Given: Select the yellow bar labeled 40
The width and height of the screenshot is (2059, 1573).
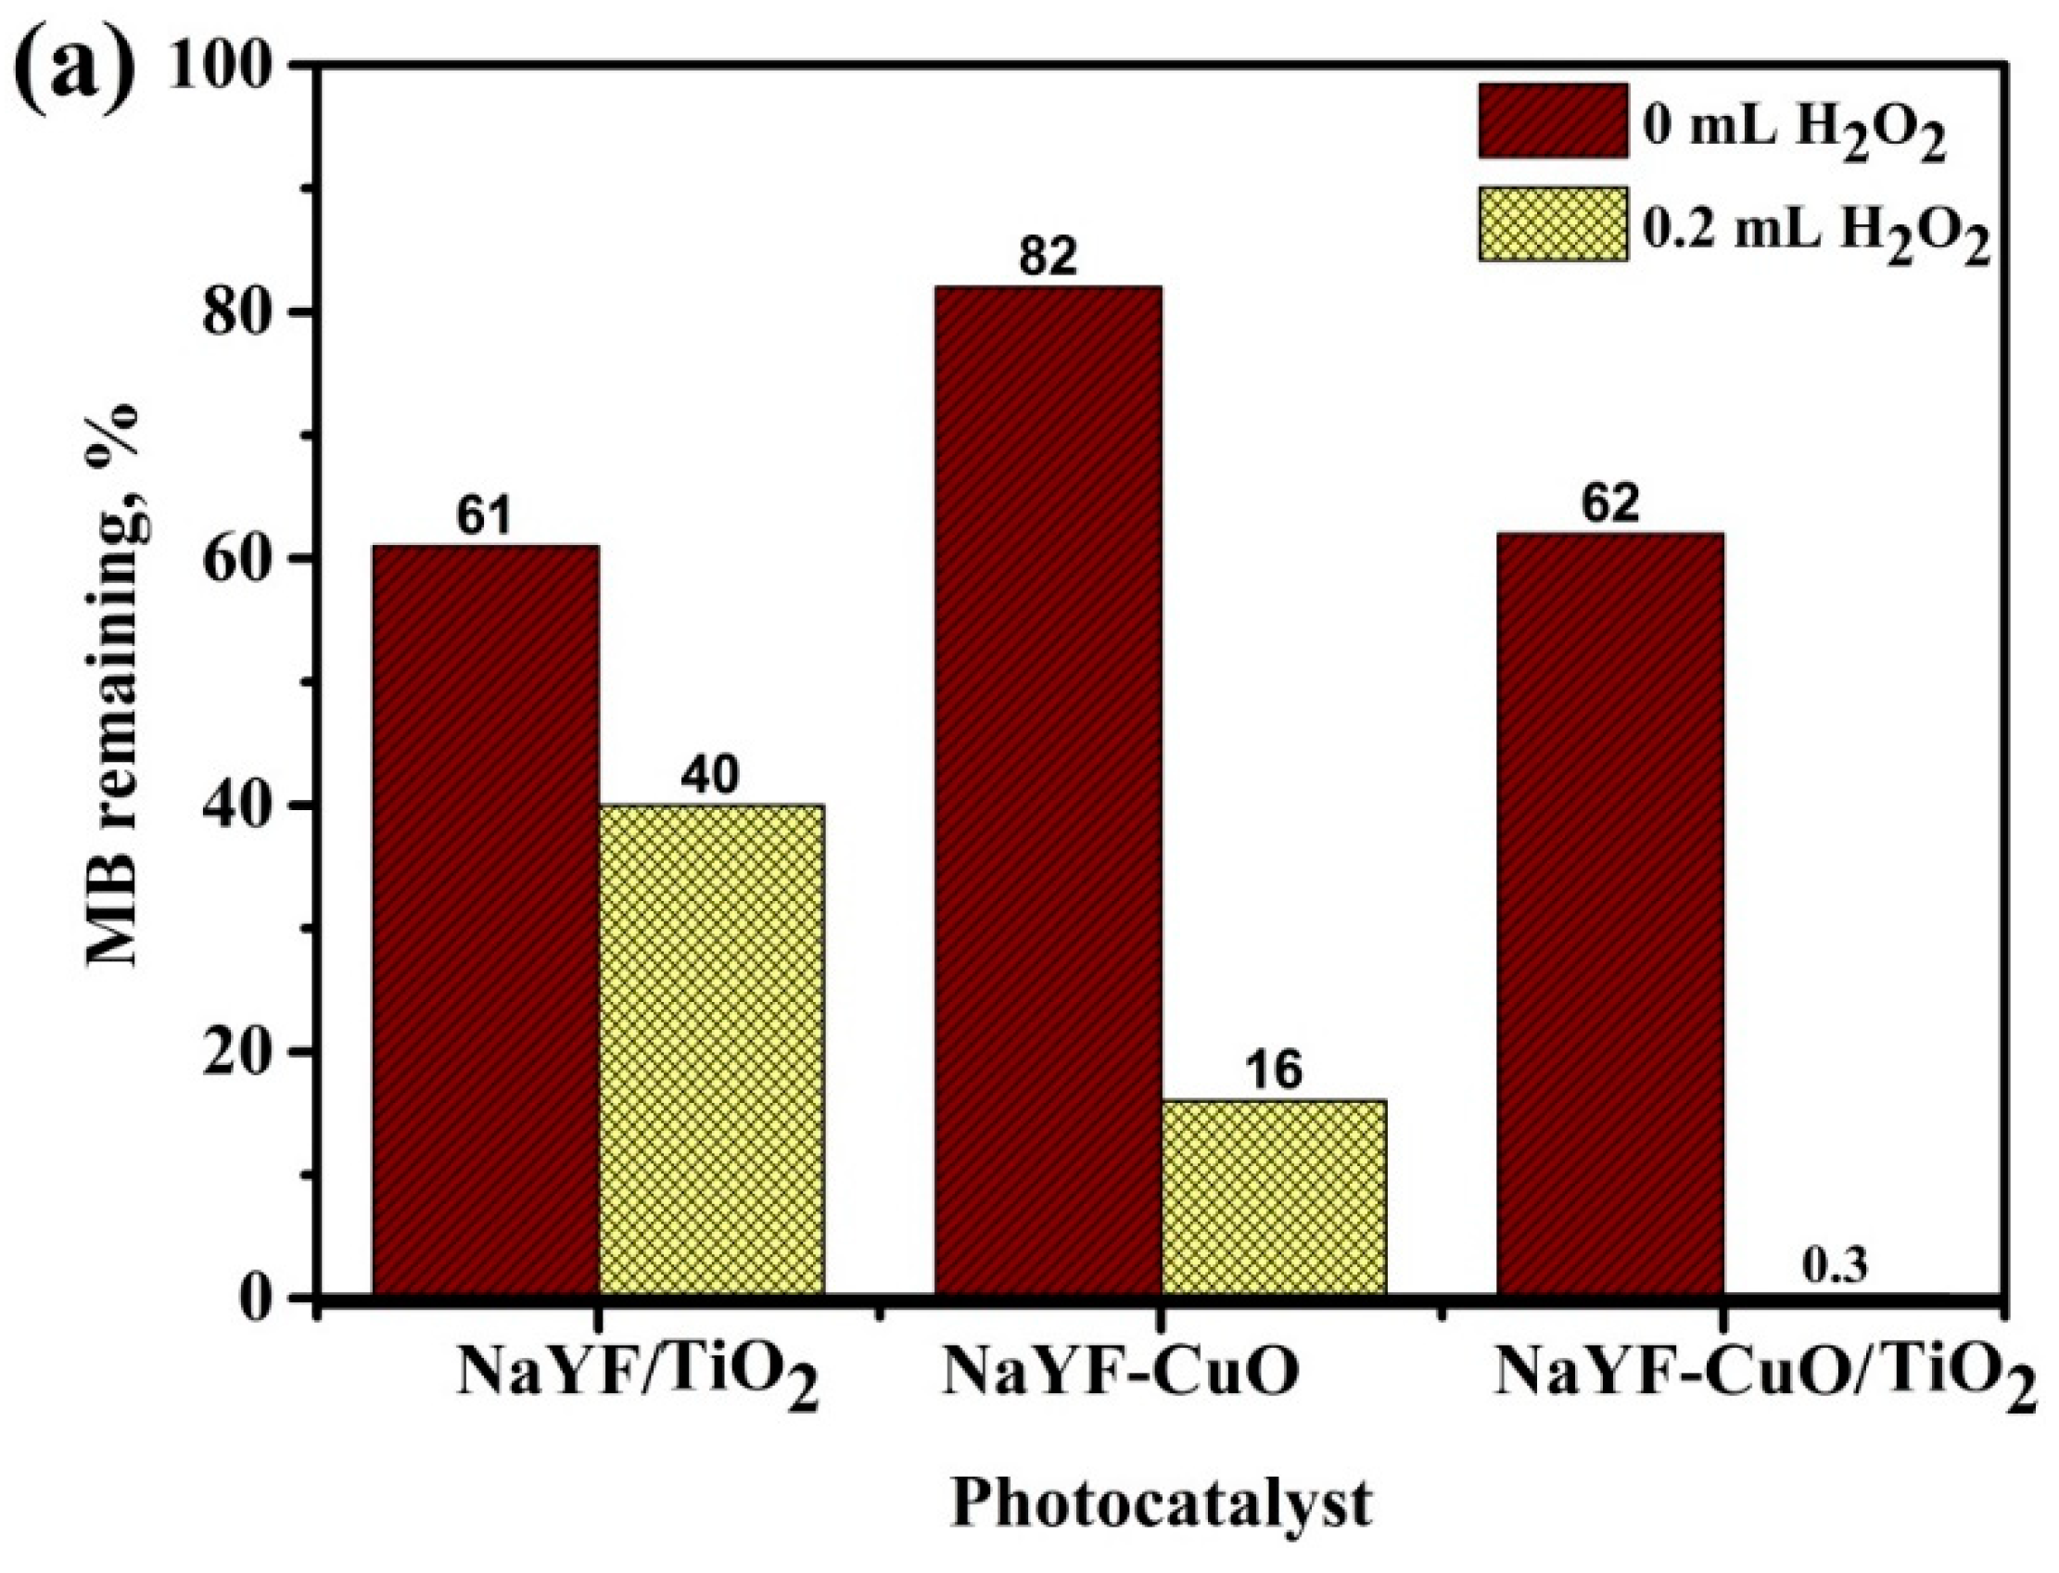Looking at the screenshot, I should tap(711, 1050).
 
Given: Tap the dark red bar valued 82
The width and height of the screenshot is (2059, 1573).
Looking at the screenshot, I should tap(1047, 792).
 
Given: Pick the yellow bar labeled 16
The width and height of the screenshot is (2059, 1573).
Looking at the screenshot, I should tap(1274, 1199).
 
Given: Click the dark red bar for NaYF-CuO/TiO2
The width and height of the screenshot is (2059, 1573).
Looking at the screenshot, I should tap(1608, 915).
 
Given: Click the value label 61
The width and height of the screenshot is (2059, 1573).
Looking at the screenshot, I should tap(484, 517).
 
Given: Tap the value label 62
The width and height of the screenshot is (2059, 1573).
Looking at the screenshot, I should tap(1610, 504).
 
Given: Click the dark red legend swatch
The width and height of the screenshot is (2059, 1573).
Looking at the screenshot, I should tap(1553, 120).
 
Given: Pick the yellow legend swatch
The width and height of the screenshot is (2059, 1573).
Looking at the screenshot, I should tap(1553, 223).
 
